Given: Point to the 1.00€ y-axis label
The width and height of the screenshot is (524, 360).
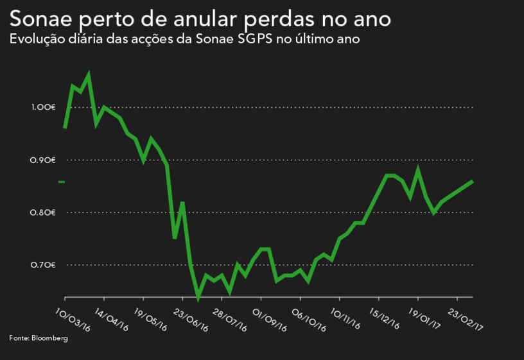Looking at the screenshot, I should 44,107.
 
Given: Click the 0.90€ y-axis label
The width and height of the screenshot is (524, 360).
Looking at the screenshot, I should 44,160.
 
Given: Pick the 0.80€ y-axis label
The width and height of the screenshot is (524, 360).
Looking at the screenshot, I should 44,212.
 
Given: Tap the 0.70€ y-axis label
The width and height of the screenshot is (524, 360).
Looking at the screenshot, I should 44,265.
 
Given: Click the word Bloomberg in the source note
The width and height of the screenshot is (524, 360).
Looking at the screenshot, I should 49,338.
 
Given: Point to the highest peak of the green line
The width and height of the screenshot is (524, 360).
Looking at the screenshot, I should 89,76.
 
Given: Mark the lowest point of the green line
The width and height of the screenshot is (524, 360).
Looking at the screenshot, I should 198,298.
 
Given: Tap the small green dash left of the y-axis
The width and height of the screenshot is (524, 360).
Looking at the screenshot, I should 62,182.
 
